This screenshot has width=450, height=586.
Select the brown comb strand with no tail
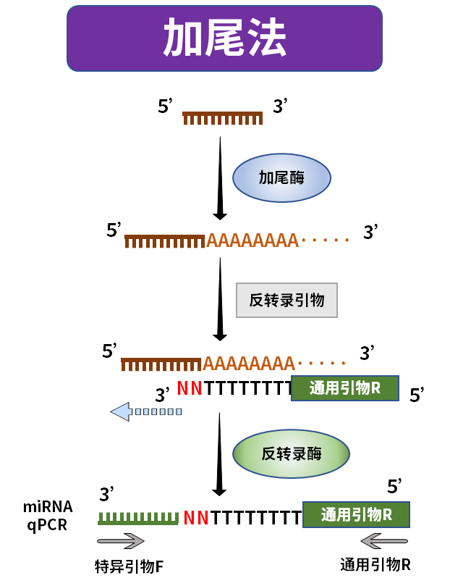(x=222, y=118)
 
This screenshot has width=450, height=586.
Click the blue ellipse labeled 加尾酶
(x=281, y=177)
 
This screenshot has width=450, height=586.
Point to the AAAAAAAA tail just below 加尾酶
(x=252, y=240)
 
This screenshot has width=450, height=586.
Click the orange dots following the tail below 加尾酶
(x=326, y=240)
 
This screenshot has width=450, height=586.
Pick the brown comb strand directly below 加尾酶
(x=165, y=241)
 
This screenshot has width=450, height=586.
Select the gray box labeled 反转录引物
(x=286, y=300)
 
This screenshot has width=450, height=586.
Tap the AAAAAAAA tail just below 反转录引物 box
(x=249, y=364)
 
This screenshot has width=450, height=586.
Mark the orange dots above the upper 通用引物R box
(x=322, y=363)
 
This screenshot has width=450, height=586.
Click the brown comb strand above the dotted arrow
(x=161, y=364)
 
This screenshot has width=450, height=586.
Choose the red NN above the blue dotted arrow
(x=190, y=389)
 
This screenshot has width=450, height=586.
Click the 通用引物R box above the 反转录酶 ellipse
(x=344, y=388)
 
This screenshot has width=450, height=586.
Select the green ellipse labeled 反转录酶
(x=291, y=454)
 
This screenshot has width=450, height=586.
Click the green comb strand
(x=138, y=518)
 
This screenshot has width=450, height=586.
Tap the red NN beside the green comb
(x=196, y=518)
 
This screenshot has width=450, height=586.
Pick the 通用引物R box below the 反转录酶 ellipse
(x=356, y=514)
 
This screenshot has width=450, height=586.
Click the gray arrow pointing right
(x=121, y=541)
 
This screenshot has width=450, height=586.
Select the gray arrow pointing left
(x=384, y=541)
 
